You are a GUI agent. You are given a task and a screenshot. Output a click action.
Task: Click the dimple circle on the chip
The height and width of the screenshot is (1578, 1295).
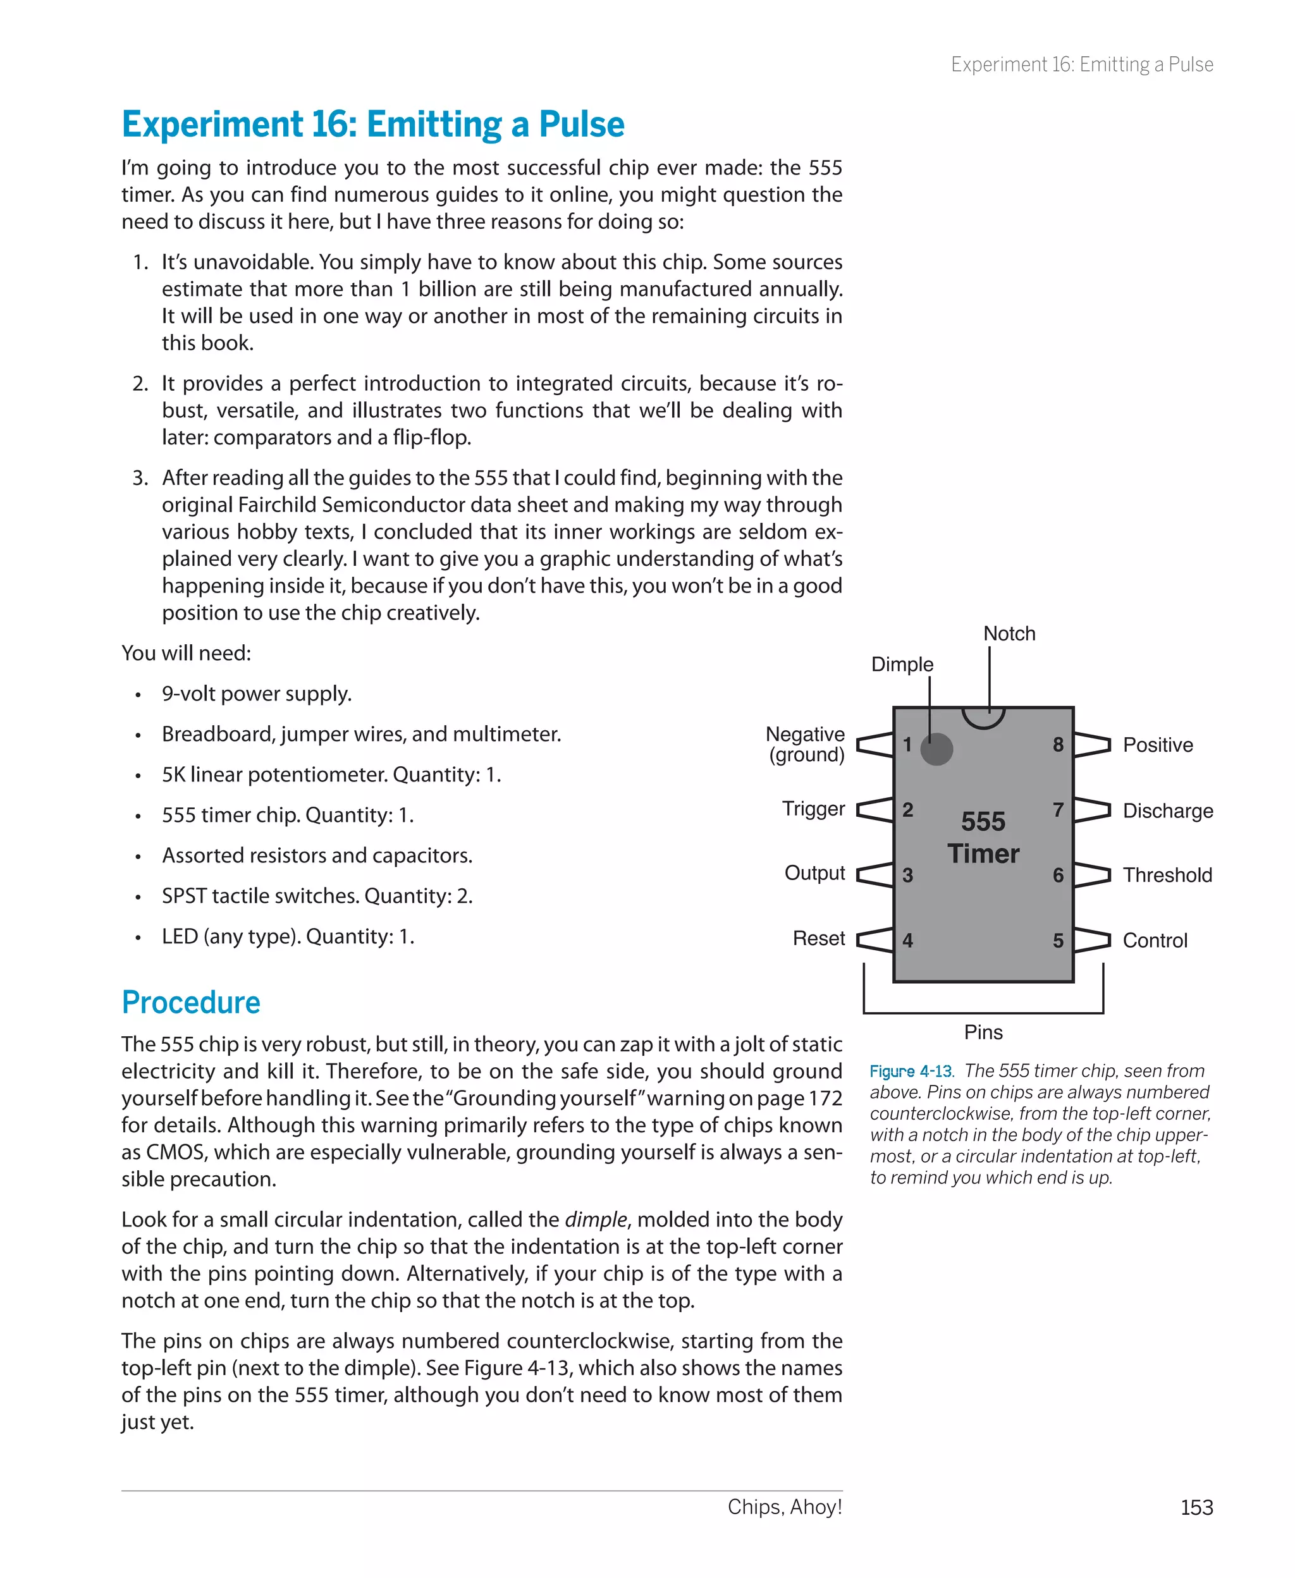click(936, 749)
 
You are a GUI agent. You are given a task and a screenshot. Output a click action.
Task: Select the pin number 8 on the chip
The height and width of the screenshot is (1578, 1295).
click(1058, 744)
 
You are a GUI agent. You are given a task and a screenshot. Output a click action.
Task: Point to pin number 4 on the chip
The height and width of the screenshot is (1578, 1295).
click(907, 940)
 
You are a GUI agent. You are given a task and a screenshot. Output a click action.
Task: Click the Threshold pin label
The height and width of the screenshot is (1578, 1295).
click(1167, 875)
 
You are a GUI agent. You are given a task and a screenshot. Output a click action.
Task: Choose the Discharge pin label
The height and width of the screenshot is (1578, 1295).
click(1167, 810)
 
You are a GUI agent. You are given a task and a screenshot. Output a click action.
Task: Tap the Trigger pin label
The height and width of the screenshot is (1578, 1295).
click(813, 809)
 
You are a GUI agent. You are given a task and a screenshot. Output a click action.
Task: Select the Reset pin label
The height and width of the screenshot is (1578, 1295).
click(818, 938)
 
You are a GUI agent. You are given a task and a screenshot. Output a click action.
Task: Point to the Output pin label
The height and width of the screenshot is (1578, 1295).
click(814, 872)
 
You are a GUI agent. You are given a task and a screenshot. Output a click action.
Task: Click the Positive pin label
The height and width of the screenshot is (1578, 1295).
click(1158, 745)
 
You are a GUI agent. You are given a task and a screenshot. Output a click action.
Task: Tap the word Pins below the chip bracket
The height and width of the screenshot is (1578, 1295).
click(983, 1032)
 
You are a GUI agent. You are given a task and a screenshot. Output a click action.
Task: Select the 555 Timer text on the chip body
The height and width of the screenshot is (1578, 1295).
click(983, 838)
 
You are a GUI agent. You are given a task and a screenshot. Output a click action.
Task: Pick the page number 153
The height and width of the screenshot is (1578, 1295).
click(1196, 1507)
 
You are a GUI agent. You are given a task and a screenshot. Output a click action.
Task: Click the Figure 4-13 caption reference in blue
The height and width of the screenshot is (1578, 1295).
click(911, 1072)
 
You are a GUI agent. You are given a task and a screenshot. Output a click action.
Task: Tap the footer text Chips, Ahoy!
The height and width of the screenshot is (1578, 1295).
click(785, 1507)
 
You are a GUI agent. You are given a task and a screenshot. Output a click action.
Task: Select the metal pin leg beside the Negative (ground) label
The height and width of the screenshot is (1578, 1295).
click(875, 744)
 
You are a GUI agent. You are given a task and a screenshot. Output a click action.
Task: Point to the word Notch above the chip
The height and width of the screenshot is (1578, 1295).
click(1009, 634)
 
